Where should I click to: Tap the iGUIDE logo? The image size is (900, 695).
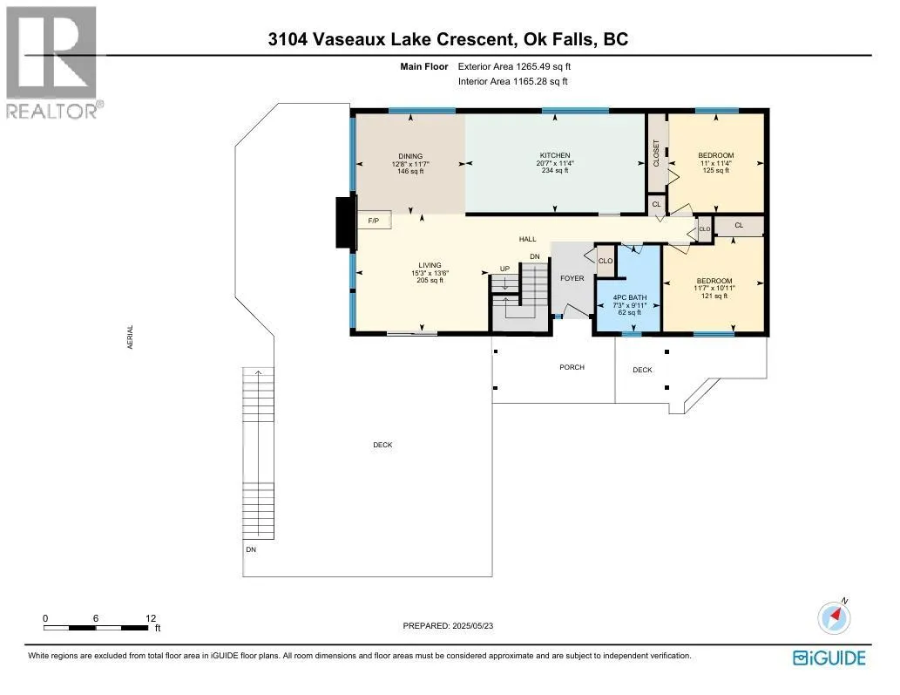click(x=829, y=658)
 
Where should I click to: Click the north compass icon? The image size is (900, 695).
click(x=834, y=617)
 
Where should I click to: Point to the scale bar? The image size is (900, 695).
click(x=96, y=628)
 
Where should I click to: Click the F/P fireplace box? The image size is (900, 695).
click(x=374, y=221)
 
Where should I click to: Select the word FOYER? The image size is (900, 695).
click(x=572, y=278)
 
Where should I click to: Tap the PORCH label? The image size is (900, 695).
click(x=572, y=367)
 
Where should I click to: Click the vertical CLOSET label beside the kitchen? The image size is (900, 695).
click(x=657, y=153)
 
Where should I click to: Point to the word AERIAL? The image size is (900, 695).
click(x=131, y=337)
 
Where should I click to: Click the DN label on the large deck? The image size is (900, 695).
click(x=251, y=549)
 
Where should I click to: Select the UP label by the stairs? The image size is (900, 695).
click(x=505, y=269)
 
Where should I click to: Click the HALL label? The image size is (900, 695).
click(x=527, y=239)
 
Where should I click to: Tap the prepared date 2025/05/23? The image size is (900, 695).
click(x=472, y=626)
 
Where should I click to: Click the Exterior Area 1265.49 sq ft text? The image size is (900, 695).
click(x=514, y=66)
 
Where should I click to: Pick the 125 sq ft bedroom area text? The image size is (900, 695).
click(x=716, y=171)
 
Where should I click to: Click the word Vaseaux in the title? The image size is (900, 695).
click(x=349, y=39)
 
